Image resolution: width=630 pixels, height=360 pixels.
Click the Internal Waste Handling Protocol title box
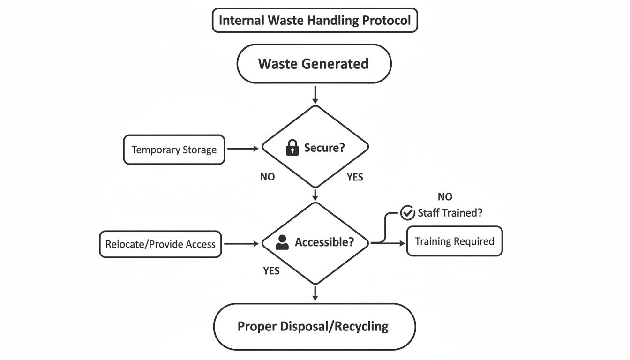pos(315,21)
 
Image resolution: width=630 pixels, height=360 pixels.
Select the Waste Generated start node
pos(314,64)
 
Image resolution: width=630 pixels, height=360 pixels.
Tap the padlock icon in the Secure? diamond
pos(292,149)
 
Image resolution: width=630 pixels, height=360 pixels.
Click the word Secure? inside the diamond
pos(324,148)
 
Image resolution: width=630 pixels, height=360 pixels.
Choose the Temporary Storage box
pos(174,150)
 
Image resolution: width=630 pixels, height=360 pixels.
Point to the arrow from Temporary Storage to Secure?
pos(242,149)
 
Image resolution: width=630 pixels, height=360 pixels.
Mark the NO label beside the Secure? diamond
pos(268,177)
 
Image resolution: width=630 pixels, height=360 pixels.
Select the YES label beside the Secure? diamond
pos(355,178)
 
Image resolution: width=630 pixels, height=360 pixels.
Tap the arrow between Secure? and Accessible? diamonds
pos(315,195)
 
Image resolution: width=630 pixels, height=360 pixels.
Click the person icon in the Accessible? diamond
pos(282,242)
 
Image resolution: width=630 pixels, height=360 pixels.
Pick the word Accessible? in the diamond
pos(324,242)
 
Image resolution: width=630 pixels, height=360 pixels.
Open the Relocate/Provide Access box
pos(160,244)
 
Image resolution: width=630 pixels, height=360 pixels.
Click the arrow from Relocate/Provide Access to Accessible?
pos(241,243)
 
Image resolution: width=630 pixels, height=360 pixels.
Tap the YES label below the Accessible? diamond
pos(271,271)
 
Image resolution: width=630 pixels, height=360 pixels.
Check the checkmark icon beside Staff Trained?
pos(407,213)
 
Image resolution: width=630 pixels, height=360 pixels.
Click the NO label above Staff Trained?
pos(445,197)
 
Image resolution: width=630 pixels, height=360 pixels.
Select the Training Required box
pos(454,241)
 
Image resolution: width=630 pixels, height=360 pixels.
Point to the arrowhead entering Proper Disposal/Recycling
pos(315,298)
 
